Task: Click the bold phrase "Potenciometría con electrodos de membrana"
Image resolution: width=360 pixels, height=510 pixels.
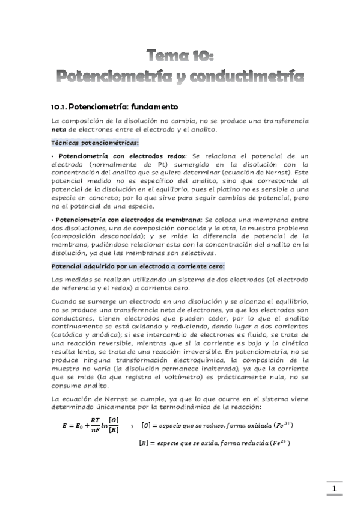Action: (x=129, y=220)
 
